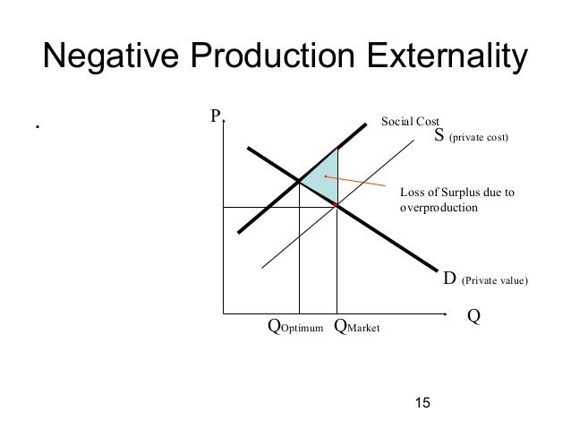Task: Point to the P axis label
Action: point(215,116)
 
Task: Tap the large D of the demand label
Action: point(450,279)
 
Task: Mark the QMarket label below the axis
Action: point(356,328)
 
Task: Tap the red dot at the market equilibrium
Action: point(337,207)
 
